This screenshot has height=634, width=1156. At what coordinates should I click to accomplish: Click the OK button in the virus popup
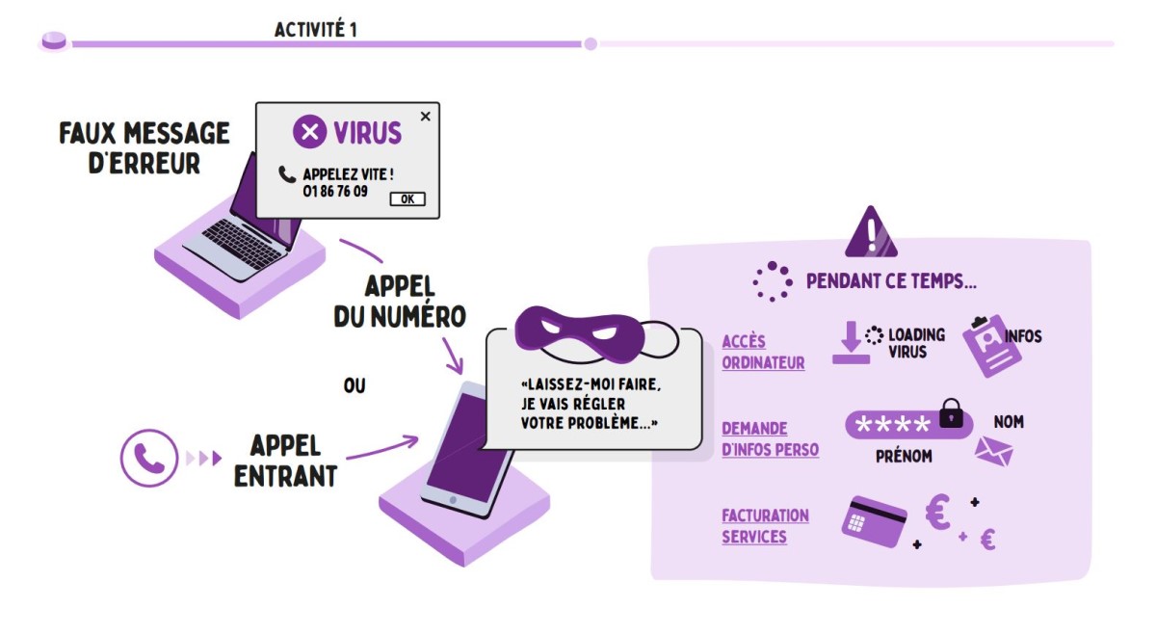[x=407, y=199]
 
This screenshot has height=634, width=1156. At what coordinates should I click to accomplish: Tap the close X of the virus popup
[x=426, y=117]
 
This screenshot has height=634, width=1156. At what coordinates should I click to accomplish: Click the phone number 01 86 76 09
[x=335, y=192]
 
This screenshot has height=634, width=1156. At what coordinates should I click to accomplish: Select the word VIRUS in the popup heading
[x=367, y=132]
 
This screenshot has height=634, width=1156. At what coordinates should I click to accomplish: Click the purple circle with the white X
[x=309, y=132]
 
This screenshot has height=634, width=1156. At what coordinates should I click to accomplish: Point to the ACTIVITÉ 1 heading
[x=316, y=30]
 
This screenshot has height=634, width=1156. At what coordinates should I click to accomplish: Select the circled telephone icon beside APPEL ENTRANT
[x=149, y=457]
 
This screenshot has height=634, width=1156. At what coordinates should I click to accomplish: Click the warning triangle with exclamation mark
[x=871, y=233]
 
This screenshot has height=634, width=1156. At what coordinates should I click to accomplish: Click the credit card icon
[x=875, y=521]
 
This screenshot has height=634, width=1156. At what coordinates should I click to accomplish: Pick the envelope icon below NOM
[x=994, y=451]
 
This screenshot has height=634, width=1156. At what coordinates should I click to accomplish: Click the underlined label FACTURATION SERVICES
[x=765, y=526]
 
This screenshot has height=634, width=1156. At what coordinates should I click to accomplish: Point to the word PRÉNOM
[x=904, y=457]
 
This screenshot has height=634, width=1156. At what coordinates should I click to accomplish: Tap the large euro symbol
[x=938, y=514]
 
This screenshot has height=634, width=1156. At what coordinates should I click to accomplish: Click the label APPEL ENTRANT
[x=285, y=460]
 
